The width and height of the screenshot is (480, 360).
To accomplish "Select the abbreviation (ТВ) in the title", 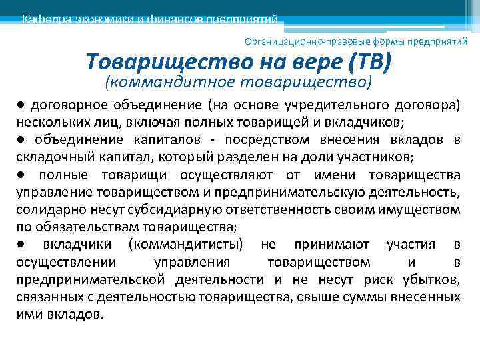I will coord(368,63).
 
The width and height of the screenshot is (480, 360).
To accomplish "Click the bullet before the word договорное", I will coord(21,105).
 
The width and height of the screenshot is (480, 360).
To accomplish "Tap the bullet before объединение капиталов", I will coord(21,139).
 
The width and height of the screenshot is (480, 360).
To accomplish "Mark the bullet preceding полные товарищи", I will coord(21,175).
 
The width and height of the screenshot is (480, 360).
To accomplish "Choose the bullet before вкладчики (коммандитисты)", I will coord(21,244).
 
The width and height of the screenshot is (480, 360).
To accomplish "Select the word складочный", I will coord(50,157).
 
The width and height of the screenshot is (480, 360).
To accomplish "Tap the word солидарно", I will coord(45,209).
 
